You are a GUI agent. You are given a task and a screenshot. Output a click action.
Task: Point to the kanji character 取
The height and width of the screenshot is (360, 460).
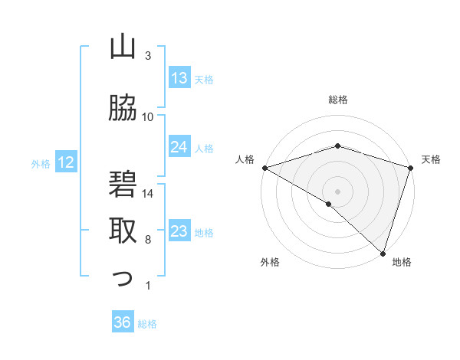click(x=123, y=229)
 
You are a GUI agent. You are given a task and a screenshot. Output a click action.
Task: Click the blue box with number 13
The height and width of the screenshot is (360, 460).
click(x=179, y=77)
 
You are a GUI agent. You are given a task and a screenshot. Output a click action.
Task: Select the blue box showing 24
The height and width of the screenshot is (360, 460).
click(x=179, y=146)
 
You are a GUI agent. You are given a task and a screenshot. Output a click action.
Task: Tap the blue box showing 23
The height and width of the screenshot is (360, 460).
click(x=179, y=231)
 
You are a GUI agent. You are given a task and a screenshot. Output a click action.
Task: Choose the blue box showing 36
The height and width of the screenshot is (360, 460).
click(x=123, y=322)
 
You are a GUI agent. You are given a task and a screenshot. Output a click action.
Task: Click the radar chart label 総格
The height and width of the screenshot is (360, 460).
click(x=338, y=100)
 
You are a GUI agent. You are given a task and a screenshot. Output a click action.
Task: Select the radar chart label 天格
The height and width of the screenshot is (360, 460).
click(x=431, y=159)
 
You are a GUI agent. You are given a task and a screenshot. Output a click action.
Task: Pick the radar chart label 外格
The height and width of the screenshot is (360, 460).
click(x=270, y=262)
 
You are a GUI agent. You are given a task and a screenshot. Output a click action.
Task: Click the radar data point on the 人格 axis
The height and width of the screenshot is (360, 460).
click(x=264, y=167)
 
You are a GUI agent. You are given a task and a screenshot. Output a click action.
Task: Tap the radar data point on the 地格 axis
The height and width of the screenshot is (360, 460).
click(x=383, y=253)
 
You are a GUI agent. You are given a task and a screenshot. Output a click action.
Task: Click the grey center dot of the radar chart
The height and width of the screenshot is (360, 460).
click(x=337, y=191)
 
